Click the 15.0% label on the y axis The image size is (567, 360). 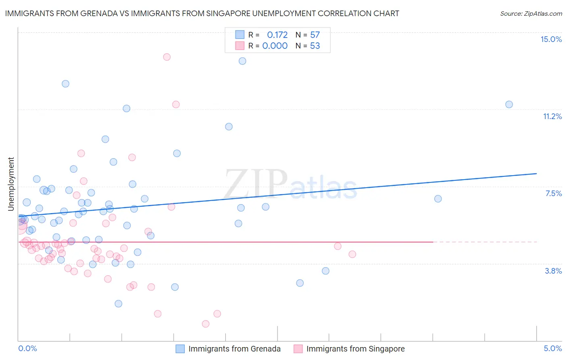pyautogui.click(x=551, y=39)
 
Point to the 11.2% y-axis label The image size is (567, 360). pyautogui.click(x=552, y=116)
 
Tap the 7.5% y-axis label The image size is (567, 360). pyautogui.click(x=553, y=193)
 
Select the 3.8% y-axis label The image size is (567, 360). pyautogui.click(x=553, y=271)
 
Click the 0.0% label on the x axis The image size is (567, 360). pyautogui.click(x=27, y=348)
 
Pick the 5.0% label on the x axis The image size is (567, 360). pyautogui.click(x=552, y=348)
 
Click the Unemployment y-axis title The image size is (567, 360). pyautogui.click(x=11, y=184)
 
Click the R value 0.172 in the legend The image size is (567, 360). pyautogui.click(x=277, y=35)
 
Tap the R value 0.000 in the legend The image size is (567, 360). pyautogui.click(x=275, y=46)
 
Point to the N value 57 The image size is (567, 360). pyautogui.click(x=315, y=35)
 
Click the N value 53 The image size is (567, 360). pyautogui.click(x=315, y=46)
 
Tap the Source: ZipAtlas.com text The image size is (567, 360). pyautogui.click(x=531, y=13)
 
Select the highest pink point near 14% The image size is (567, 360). pyautogui.click(x=167, y=57)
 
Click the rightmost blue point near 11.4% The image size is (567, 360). pyautogui.click(x=509, y=105)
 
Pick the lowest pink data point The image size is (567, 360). pyautogui.click(x=206, y=324)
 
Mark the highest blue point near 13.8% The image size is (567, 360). pyautogui.click(x=242, y=61)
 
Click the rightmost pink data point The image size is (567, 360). pyautogui.click(x=352, y=254)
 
